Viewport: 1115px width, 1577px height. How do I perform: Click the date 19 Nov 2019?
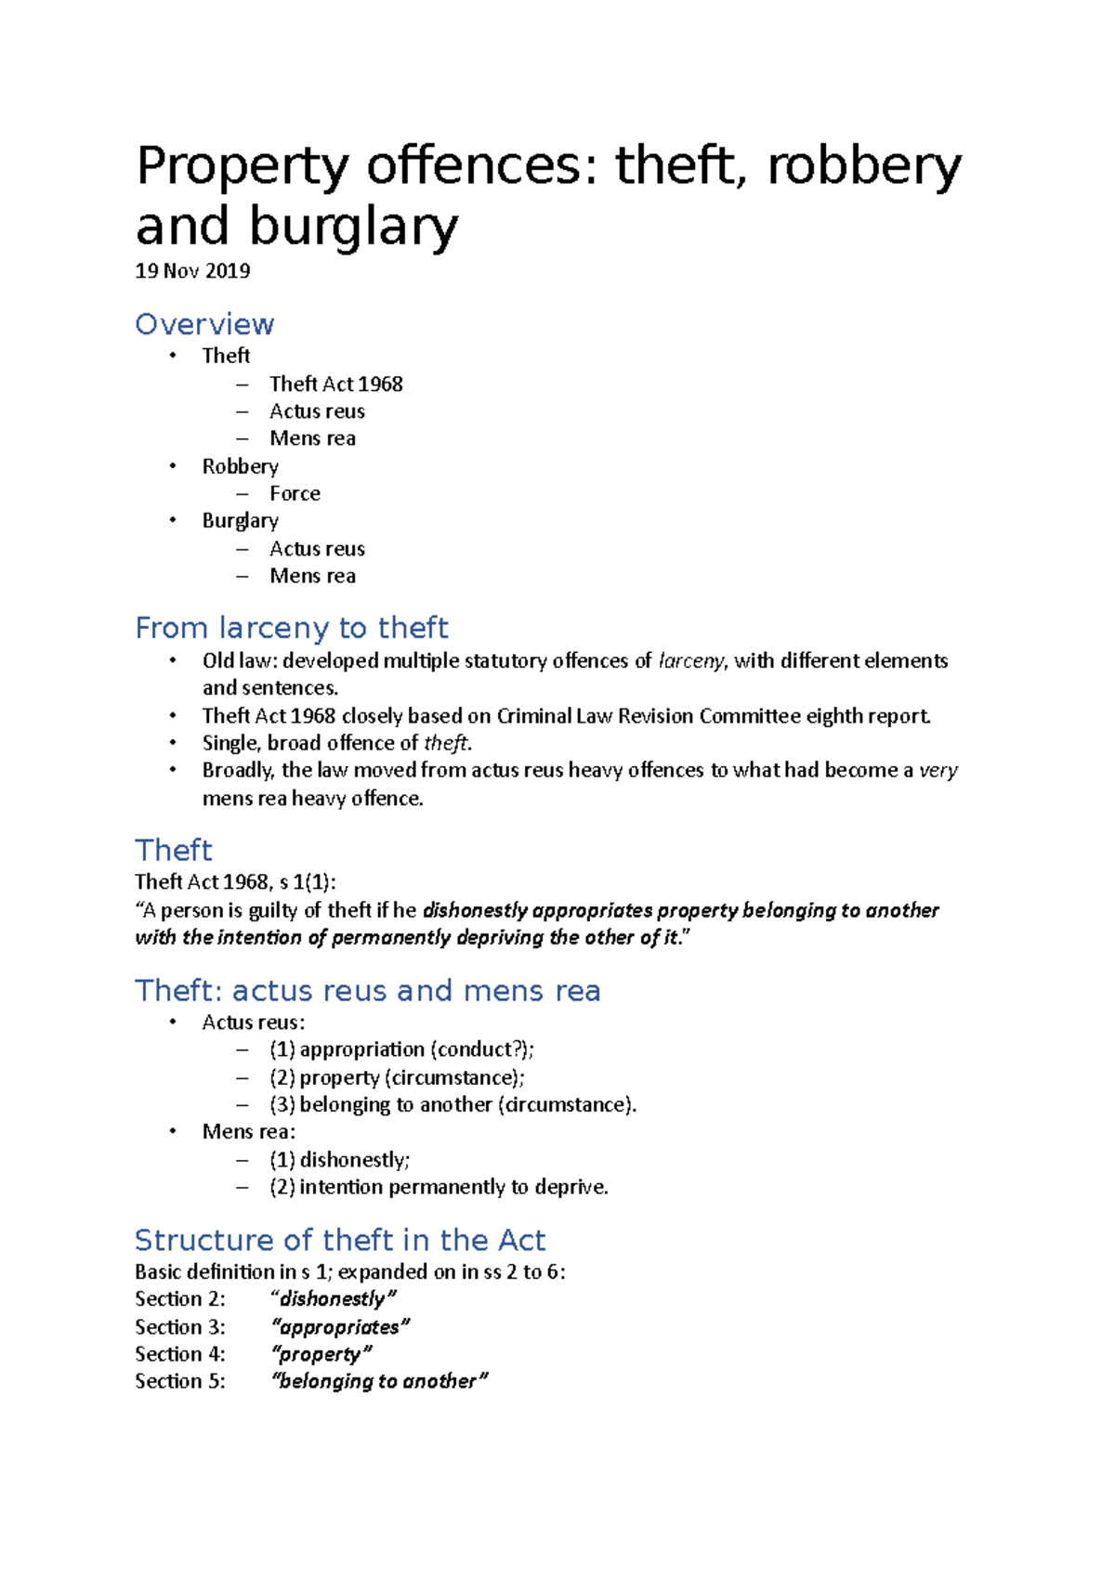click(x=192, y=271)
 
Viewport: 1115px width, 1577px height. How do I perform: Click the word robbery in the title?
click(x=864, y=166)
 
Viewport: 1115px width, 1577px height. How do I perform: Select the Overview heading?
click(x=204, y=324)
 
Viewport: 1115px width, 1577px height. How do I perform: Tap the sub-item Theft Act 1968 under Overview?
click(x=335, y=384)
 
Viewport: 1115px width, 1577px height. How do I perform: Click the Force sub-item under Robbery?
click(x=295, y=493)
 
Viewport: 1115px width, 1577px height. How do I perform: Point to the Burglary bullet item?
click(x=240, y=520)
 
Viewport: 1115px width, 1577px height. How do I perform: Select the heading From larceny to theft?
click(x=291, y=628)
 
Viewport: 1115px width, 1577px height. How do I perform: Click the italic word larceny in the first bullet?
click(x=690, y=660)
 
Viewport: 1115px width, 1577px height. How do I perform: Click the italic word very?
click(x=938, y=770)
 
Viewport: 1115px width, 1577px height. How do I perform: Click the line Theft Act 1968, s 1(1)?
click(x=235, y=881)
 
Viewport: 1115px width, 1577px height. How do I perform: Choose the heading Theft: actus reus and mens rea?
click(x=367, y=990)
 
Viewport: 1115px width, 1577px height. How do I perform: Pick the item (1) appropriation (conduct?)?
click(x=401, y=1049)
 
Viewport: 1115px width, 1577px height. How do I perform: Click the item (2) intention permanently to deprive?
click(x=439, y=1187)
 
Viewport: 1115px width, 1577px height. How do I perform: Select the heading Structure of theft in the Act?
click(x=340, y=1240)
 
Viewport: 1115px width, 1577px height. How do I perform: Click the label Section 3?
click(x=179, y=1326)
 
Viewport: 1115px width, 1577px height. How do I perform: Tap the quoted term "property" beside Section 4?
click(x=321, y=1354)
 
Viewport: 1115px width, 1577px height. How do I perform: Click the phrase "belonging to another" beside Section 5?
click(x=378, y=1381)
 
